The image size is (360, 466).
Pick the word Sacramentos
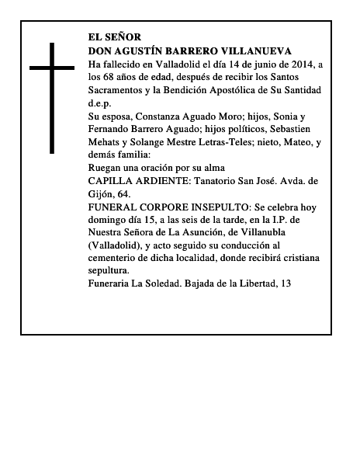pyautogui.click(x=117, y=90)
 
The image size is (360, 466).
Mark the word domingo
pyautogui.click(x=109, y=221)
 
